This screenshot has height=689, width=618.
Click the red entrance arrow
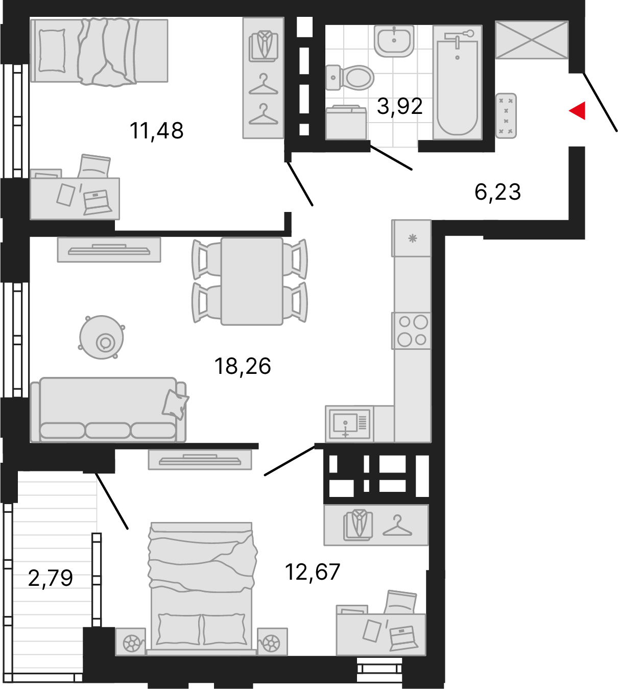click(578, 110)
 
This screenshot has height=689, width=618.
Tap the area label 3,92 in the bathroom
click(399, 106)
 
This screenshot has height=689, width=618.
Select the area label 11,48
click(156, 131)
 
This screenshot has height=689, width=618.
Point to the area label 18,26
click(243, 366)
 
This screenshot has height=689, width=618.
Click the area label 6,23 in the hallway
click(497, 192)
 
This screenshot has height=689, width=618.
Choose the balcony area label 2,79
click(51, 579)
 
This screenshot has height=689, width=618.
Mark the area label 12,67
click(312, 572)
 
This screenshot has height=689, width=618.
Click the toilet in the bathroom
click(350, 78)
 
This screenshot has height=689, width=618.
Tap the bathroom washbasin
click(394, 40)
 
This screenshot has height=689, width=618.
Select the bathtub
click(458, 82)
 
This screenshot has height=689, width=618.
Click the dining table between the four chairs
click(252, 281)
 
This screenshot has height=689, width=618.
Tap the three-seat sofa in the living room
click(108, 410)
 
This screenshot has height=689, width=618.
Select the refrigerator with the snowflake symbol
click(412, 238)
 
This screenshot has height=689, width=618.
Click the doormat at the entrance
click(506, 115)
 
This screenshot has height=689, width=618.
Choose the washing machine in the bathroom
click(346, 123)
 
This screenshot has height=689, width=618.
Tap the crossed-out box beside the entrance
click(532, 40)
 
